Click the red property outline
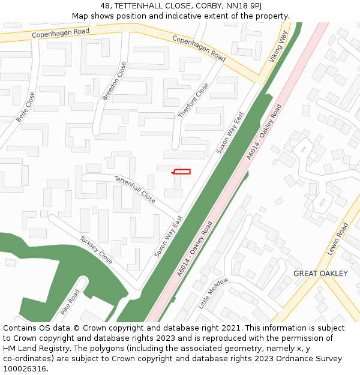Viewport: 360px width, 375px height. tap(182, 172)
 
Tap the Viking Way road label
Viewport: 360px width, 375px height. tap(278, 46)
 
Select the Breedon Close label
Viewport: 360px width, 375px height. tap(115, 81)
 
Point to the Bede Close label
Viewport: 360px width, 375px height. tap(26, 107)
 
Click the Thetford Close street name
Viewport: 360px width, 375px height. tap(194, 100)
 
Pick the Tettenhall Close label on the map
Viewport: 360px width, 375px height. tap(135, 189)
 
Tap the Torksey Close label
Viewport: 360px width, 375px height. tap(96, 250)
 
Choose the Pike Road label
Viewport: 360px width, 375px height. tap(70, 302)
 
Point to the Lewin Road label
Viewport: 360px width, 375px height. tap(337, 239)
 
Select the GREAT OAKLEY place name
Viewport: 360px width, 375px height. tap(320, 274)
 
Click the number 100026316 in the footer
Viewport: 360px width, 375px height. tap(25, 369)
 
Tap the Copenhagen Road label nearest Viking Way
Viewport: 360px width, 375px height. tap(199, 48)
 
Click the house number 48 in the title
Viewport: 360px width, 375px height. tap(106, 5)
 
